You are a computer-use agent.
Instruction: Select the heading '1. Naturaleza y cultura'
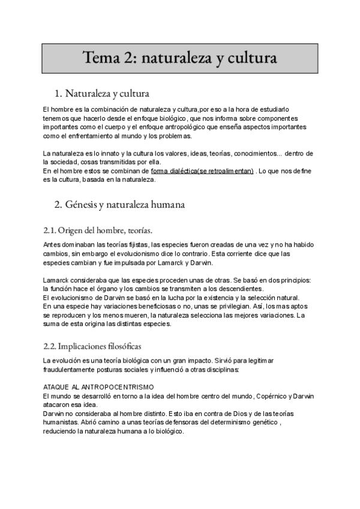click(101, 94)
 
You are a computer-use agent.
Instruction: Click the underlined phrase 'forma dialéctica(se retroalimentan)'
click(203, 171)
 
